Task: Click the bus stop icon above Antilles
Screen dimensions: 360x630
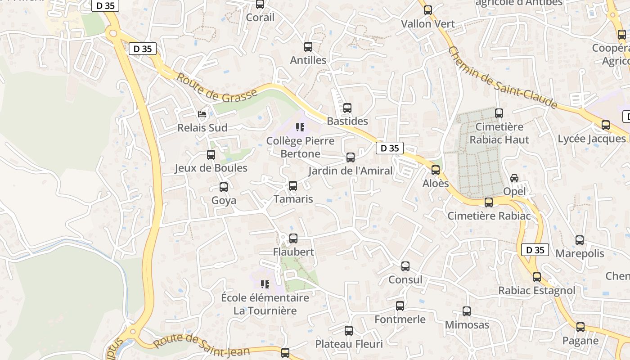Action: tap(308, 46)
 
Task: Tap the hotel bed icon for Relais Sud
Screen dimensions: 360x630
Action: tap(202, 114)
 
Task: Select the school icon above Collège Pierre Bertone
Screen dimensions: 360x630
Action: tap(300, 127)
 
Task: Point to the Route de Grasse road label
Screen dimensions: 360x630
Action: tap(216, 88)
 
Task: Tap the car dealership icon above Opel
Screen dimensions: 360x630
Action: tap(514, 178)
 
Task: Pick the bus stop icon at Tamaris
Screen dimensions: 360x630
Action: tap(293, 185)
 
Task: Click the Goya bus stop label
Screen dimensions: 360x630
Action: tap(224, 200)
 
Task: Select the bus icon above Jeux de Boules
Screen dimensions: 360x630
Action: tap(211, 155)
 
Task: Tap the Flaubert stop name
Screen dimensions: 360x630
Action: tap(293, 252)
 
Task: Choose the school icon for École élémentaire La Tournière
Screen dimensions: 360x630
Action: tap(265, 284)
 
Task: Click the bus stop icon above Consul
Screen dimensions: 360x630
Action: tap(405, 266)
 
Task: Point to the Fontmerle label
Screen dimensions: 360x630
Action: tap(400, 319)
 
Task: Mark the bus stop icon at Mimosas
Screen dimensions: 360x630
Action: tap(467, 311)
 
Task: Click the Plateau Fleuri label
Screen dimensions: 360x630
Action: tap(349, 344)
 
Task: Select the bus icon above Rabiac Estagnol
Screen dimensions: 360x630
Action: tap(536, 277)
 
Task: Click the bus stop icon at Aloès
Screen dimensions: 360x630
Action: tap(435, 170)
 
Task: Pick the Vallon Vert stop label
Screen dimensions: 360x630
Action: tap(427, 23)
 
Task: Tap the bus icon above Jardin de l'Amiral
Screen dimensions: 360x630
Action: tap(351, 157)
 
